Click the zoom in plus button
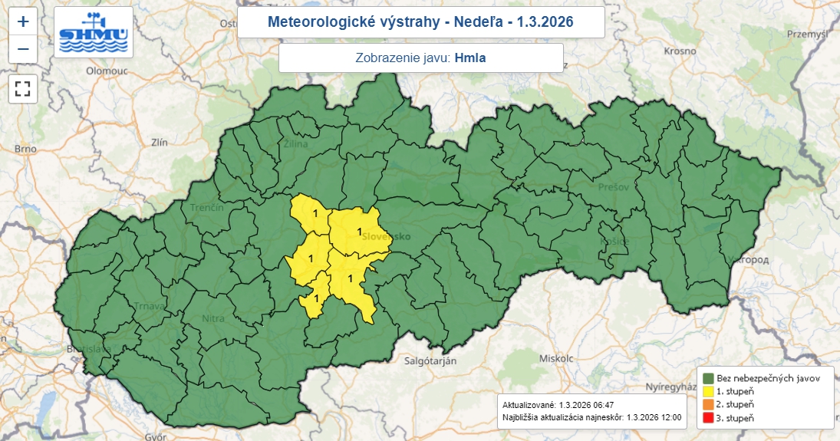[x=23, y=21]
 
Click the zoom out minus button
[x=23, y=49]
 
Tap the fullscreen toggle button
[x=23, y=88]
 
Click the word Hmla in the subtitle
[x=470, y=58]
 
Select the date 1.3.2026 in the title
[x=546, y=21]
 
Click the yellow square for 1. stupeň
[x=708, y=391]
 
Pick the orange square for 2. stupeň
[x=708, y=404]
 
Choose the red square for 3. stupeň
[x=708, y=418]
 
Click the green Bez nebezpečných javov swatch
[x=708, y=378]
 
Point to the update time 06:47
[x=598, y=404]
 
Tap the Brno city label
[x=25, y=149]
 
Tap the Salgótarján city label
[x=430, y=360]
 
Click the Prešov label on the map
[x=614, y=186]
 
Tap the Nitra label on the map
[x=213, y=318]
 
